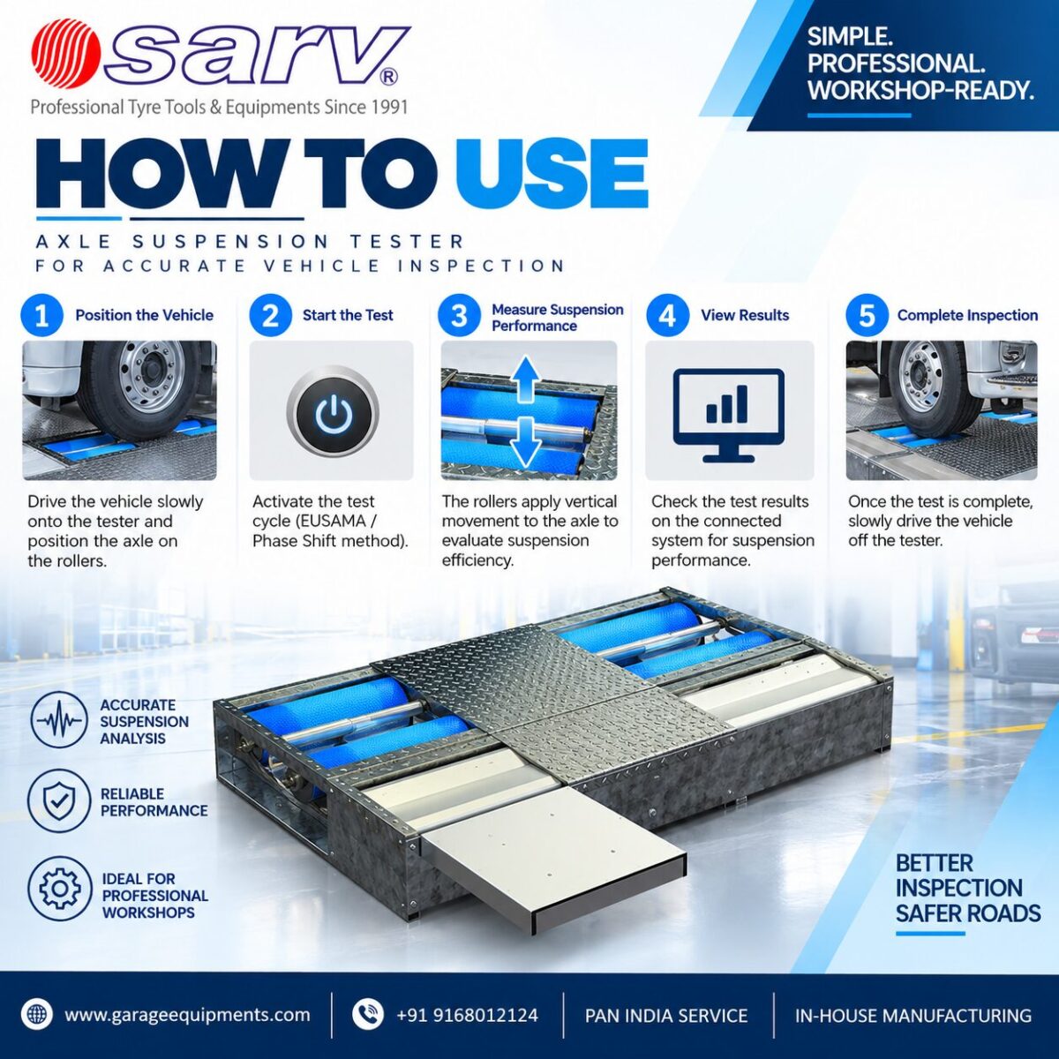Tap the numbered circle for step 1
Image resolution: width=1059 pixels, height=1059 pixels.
[42, 315]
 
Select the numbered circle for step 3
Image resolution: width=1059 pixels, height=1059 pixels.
[459, 315]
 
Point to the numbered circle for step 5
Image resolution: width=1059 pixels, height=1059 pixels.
[867, 315]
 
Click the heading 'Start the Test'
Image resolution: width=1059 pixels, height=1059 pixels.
[348, 315]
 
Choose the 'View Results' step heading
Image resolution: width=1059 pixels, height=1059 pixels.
[745, 315]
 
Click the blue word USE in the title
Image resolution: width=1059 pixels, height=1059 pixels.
[552, 171]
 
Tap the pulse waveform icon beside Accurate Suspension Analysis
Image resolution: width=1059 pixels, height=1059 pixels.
[59, 720]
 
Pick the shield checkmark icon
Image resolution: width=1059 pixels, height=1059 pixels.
[59, 801]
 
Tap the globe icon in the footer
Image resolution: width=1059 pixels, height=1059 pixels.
[37, 1014]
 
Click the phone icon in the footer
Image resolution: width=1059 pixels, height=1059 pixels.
[367, 1014]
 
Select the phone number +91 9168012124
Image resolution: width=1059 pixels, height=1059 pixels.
[467, 1015]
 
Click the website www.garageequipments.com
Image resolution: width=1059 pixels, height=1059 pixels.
[187, 1015]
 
